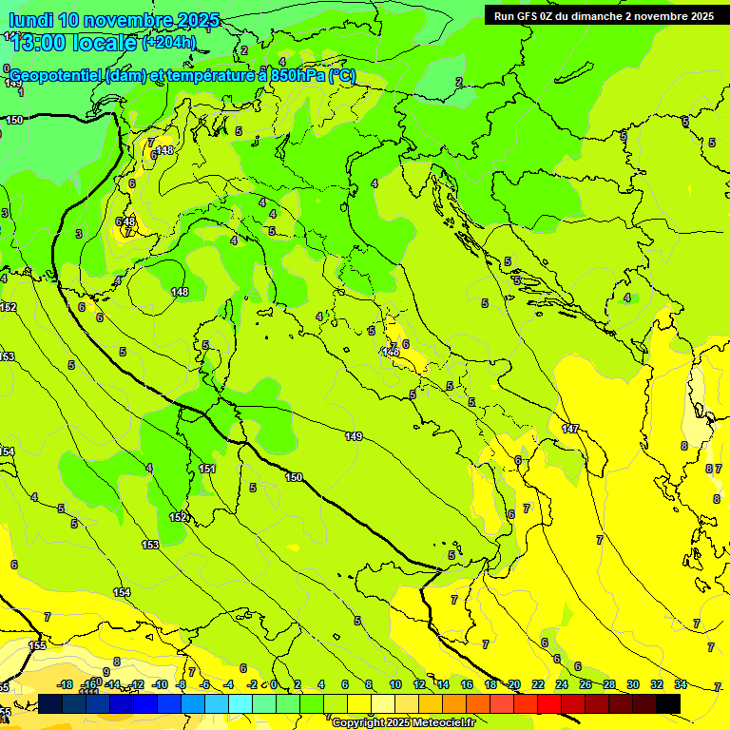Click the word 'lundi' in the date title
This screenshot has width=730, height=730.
tap(30, 20)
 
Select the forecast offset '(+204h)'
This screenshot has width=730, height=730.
tap(169, 42)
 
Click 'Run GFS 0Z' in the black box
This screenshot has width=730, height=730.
tap(529, 16)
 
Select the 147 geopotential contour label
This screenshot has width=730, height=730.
tap(570, 429)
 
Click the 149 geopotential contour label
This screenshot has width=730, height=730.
tap(354, 436)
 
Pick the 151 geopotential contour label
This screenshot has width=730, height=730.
tap(207, 469)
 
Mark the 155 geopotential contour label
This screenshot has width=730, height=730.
tap(37, 645)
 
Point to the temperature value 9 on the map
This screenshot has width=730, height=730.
tap(117, 662)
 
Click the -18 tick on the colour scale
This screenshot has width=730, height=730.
tap(66, 684)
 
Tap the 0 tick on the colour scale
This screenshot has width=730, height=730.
tap(274, 684)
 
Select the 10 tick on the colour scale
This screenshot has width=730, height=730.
tap(395, 684)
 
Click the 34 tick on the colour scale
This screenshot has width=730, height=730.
tap(681, 684)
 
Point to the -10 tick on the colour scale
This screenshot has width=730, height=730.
tap(160, 684)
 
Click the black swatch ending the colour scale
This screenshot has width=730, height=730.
tap(668, 703)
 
